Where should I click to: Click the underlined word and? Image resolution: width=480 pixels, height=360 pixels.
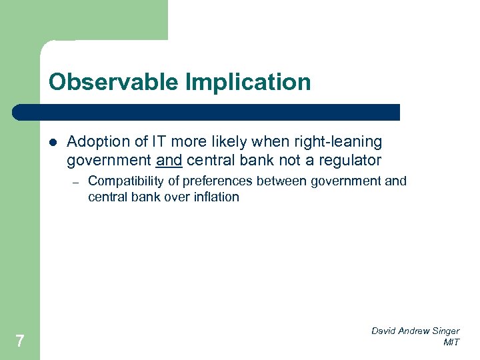[x=169, y=160]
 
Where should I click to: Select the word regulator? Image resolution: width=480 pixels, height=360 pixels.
[x=351, y=160]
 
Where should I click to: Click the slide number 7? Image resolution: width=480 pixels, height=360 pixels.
[x=20, y=341]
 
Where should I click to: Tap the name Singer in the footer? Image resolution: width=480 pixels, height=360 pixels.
[x=445, y=331]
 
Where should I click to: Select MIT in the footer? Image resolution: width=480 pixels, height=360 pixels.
[x=451, y=343]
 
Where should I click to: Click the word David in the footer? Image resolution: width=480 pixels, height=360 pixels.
[x=385, y=331]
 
